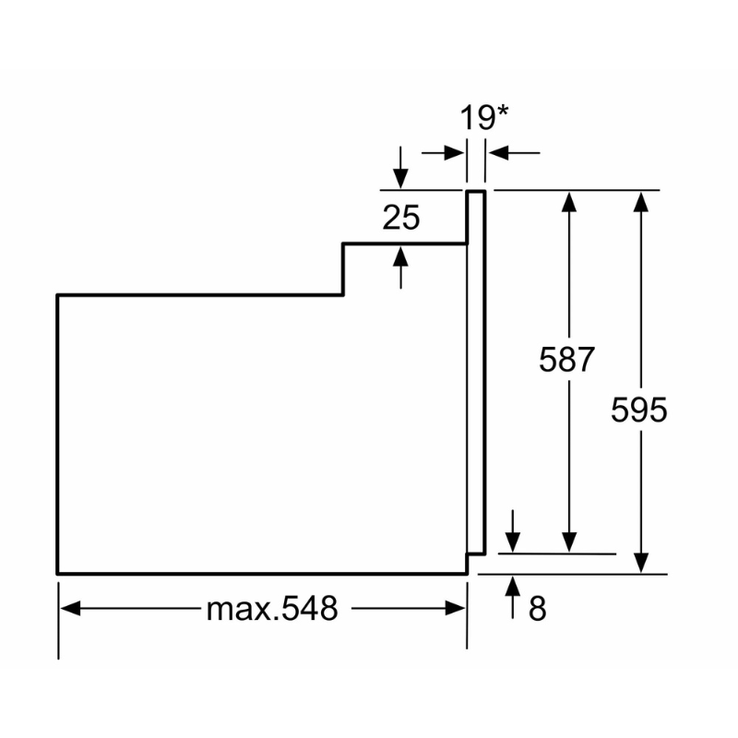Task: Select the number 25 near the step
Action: pos(401,218)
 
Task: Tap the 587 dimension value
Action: pos(566,360)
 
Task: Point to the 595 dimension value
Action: pos(638,410)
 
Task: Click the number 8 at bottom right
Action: pos(538,608)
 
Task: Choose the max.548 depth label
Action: pos(272,608)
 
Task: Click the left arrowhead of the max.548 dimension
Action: pos(71,608)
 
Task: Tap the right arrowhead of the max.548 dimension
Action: pos(455,608)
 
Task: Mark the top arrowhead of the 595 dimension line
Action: pos(641,202)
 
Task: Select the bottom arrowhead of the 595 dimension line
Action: pos(641,563)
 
